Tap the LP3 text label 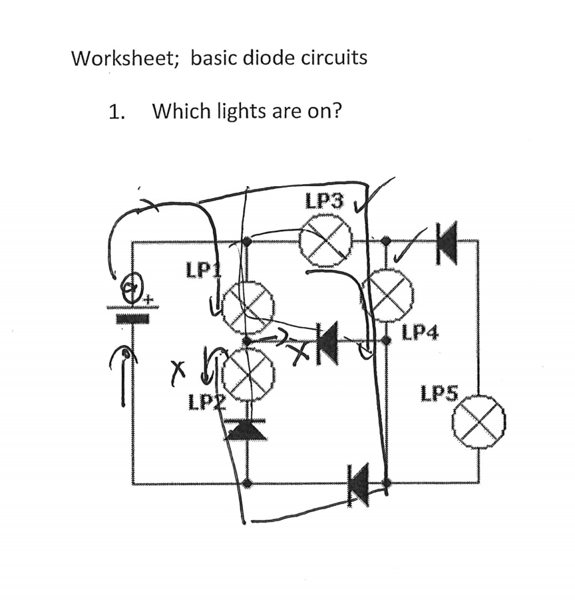pos(325,200)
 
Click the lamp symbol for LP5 pos(478,421)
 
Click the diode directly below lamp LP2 pos(247,430)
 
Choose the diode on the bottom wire pos(359,483)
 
